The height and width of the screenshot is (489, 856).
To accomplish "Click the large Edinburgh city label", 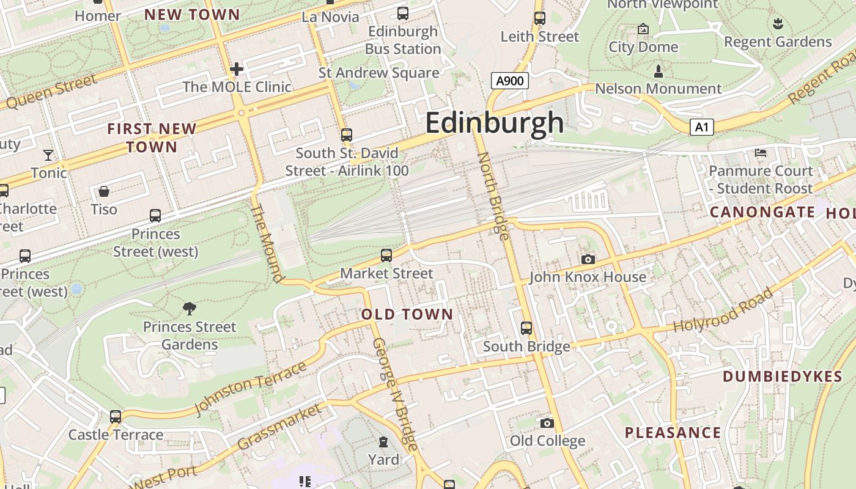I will [x=494, y=123].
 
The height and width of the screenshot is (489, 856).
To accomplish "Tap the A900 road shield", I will [x=509, y=81].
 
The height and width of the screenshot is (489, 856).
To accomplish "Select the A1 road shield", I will [x=702, y=127].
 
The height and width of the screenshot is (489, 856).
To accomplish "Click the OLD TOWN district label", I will [x=407, y=315].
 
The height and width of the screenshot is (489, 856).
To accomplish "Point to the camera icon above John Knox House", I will [x=588, y=260].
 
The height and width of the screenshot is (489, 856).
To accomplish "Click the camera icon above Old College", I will [x=547, y=423].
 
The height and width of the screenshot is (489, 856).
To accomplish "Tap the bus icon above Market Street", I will [x=386, y=256].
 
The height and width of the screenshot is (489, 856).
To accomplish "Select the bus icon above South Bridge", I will [x=526, y=328].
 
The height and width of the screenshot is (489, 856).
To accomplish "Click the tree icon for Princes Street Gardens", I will [x=190, y=309].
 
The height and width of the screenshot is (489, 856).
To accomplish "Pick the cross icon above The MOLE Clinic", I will [x=237, y=68].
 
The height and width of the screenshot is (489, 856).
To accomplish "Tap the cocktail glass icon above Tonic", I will [x=48, y=155].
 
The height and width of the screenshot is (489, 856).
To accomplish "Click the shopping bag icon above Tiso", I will [x=104, y=191].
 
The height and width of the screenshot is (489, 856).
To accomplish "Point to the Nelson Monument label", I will [x=658, y=89].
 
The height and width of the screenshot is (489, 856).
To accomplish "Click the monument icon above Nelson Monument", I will [x=658, y=72].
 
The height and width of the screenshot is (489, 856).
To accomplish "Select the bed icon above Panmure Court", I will [x=761, y=153].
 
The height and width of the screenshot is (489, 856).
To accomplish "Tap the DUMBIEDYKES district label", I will [x=783, y=377].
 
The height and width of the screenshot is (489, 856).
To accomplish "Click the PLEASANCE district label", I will [x=673, y=433].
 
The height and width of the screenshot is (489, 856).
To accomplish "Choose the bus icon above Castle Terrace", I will [x=116, y=417].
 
